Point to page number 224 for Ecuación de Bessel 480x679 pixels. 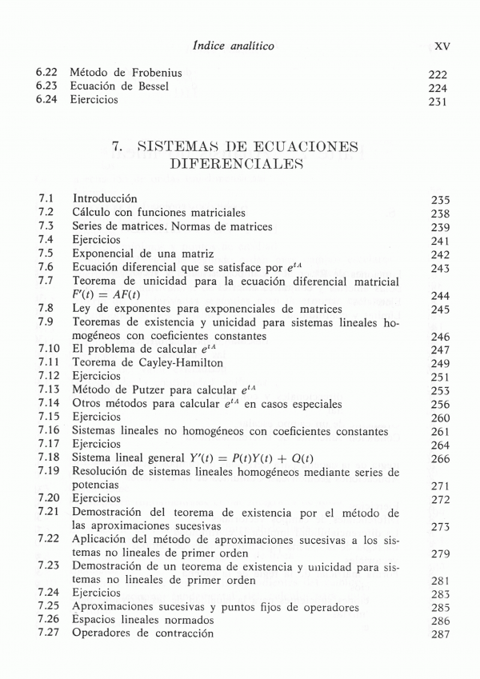coord(438,88)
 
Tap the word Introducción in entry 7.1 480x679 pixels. coord(105,198)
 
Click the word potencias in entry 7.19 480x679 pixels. coord(95,485)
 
